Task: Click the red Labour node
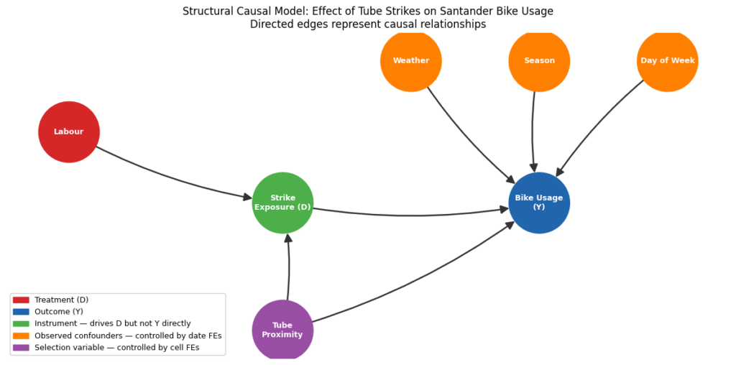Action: (69, 132)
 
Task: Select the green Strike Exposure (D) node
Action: (282, 203)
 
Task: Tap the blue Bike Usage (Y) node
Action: (539, 203)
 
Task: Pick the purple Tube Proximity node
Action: (282, 330)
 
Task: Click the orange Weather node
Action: (411, 61)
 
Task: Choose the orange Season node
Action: (539, 61)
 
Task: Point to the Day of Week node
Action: (667, 61)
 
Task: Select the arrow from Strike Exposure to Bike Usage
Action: (410, 215)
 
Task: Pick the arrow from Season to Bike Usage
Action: (533, 129)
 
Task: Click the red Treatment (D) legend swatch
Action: (21, 300)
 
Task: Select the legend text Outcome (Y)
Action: (58, 312)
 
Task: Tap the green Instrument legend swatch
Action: (21, 324)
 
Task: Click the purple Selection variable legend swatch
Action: (21, 348)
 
